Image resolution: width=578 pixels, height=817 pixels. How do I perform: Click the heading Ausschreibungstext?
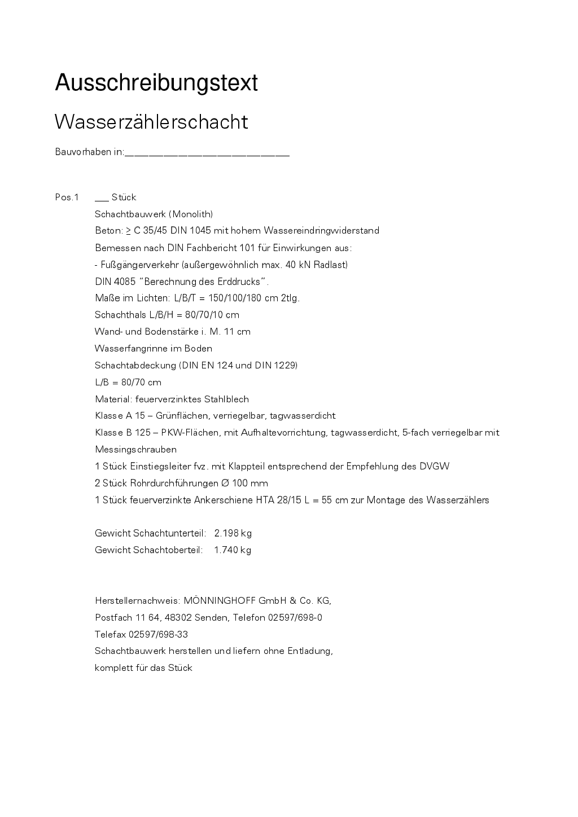(156, 83)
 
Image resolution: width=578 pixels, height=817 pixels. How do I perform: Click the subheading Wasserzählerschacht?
(151, 122)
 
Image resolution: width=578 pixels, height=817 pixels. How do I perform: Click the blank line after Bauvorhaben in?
(207, 152)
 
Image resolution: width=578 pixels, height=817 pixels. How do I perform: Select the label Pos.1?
(67, 197)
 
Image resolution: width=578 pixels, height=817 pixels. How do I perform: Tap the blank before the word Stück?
(102, 199)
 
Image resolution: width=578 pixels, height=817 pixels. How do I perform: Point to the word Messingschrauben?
(135, 450)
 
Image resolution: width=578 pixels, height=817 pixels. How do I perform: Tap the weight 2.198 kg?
(233, 533)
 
